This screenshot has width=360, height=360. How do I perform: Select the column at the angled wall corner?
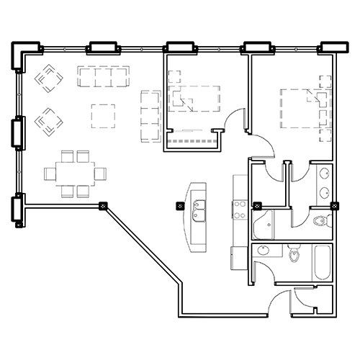click(102, 206)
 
